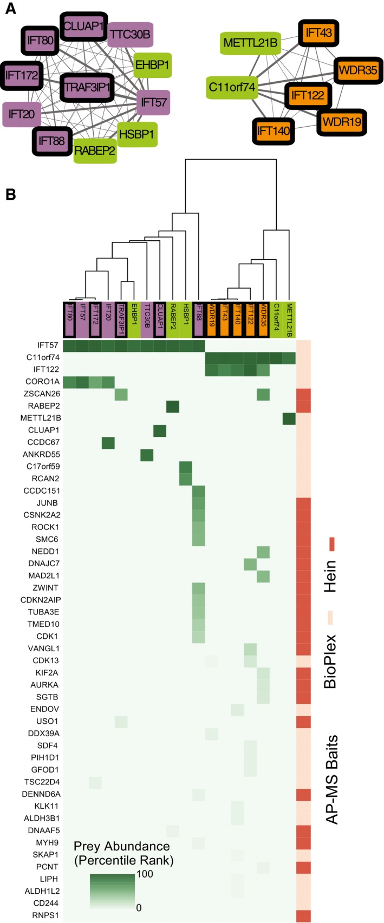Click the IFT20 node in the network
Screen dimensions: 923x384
[22, 114]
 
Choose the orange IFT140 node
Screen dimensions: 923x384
[273, 130]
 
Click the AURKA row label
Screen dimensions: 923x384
[46, 685]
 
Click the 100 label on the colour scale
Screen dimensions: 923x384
[145, 874]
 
